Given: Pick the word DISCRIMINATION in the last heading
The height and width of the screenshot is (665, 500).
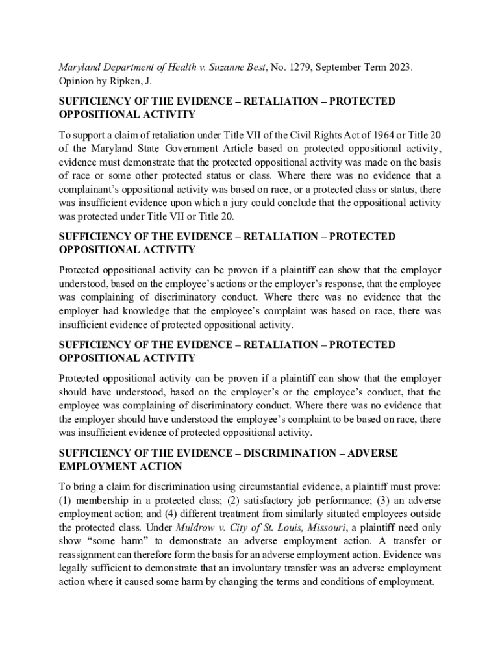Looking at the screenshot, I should click(286, 453).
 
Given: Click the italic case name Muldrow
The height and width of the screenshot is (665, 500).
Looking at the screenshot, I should click(196, 527).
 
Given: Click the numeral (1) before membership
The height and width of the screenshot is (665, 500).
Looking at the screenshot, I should click(66, 500).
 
